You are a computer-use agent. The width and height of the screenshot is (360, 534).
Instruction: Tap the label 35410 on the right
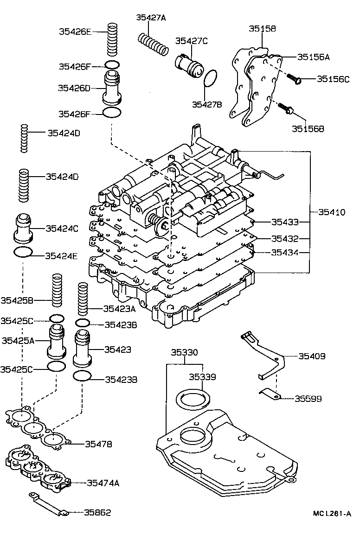point(332,212)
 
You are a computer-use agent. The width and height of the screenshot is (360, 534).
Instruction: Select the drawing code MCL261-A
point(331,514)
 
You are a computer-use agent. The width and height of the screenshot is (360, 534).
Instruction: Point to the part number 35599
point(308,398)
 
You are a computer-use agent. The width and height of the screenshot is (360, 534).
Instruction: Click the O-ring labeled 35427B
point(211,79)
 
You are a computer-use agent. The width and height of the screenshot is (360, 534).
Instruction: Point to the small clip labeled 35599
point(270,394)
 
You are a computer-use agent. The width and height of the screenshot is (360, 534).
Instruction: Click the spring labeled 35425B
point(57,290)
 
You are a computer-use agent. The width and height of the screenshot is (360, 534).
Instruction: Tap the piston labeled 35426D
point(112,88)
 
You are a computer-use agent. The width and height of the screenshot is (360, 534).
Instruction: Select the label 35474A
point(103,483)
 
